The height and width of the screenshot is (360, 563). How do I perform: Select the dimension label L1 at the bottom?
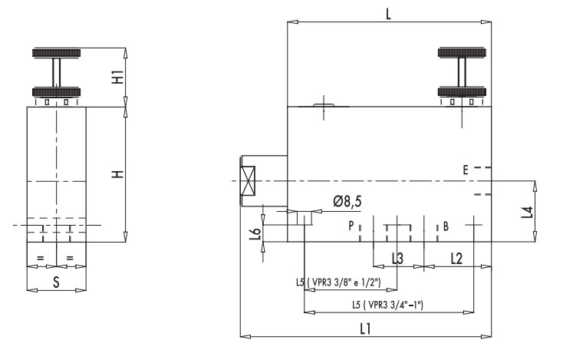pyautogui.click(x=366, y=327)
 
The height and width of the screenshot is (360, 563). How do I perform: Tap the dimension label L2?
pyautogui.click(x=456, y=259)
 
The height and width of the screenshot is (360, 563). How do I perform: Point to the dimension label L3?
pyautogui.click(x=397, y=259)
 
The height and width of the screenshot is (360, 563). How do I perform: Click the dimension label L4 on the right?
pyautogui.click(x=525, y=210)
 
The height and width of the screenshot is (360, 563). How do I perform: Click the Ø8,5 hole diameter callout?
pyautogui.click(x=347, y=202)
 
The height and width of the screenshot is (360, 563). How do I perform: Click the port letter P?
pyautogui.click(x=351, y=226)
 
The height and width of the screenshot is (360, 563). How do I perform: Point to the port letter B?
pyautogui.click(x=446, y=226)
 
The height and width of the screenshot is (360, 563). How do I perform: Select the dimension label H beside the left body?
pyautogui.click(x=117, y=174)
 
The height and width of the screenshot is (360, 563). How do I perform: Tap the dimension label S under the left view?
pyautogui.click(x=56, y=282)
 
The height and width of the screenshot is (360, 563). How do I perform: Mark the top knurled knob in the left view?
pyautogui.click(x=56, y=53)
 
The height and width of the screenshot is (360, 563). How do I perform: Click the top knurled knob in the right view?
pyautogui.click(x=463, y=53)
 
